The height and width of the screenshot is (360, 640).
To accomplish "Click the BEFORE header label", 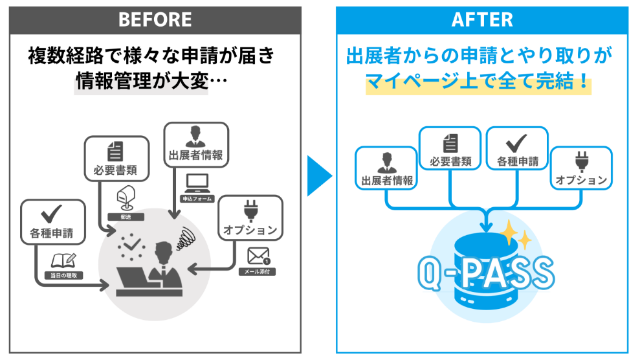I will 155,19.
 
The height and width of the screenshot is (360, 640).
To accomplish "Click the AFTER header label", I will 482,19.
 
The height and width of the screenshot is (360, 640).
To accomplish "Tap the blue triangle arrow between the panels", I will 319,175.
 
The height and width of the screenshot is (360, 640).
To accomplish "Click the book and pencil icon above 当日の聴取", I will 63,260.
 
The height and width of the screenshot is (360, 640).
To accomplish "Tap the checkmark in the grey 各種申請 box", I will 51,214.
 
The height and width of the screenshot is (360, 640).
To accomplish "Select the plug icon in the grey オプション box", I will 250,211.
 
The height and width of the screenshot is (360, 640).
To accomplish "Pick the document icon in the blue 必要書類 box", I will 450,142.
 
